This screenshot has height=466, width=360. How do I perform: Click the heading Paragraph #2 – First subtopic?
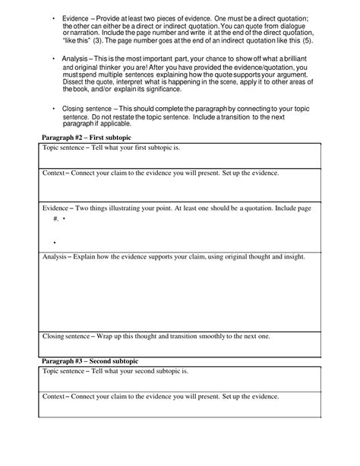pyautogui.click(x=85, y=137)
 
